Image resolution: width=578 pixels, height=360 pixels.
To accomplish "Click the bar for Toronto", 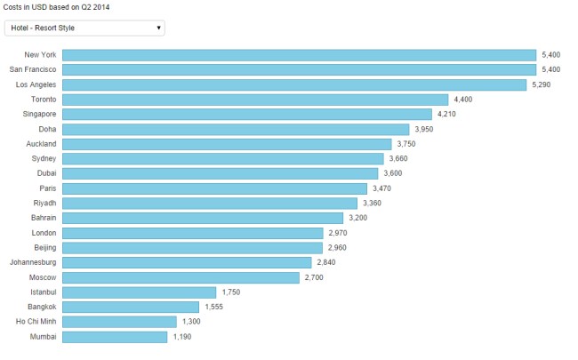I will coord(256,100).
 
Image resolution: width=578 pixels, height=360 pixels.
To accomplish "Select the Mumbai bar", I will coord(116,337).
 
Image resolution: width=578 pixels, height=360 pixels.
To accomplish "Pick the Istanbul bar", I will coord(140,292).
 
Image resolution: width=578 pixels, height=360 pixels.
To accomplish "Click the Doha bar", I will coord(237,129).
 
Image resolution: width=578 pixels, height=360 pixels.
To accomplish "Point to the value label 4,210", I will coord(446,115).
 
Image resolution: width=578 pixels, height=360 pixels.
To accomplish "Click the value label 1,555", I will coord(213,308).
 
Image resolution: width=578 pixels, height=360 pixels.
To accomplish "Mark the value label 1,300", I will coord(190,322).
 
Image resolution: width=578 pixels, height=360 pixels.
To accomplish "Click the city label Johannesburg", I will coord(33,263).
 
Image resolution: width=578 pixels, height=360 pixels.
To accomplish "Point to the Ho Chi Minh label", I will coord(36,322).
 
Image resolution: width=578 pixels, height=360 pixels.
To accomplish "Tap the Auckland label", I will coord(41,144).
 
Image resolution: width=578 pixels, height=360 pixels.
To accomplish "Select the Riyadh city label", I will coord(44,204).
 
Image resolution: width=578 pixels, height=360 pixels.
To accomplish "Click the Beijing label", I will coord(43,248).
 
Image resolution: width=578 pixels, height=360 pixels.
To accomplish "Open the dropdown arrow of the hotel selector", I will coord(159,28).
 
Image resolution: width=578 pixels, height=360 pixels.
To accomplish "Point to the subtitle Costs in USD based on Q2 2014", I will coord(56,6).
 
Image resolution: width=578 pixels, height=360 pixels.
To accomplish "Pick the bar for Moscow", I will coord(181,277).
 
